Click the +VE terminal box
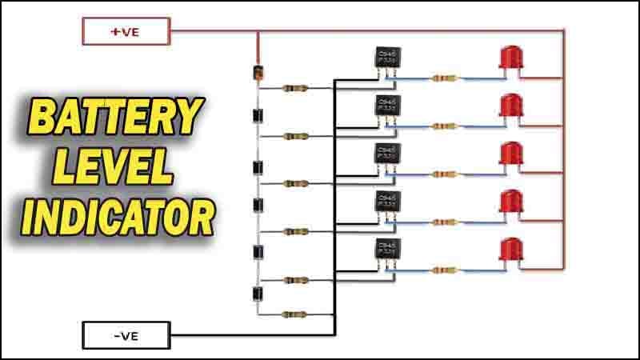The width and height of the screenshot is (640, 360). tap(126, 32)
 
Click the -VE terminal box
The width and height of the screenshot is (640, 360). tap(126, 335)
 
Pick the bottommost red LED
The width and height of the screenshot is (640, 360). tap(510, 250)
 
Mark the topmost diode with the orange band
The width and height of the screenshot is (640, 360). tap(258, 74)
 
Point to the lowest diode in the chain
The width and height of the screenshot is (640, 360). tap(258, 294)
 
